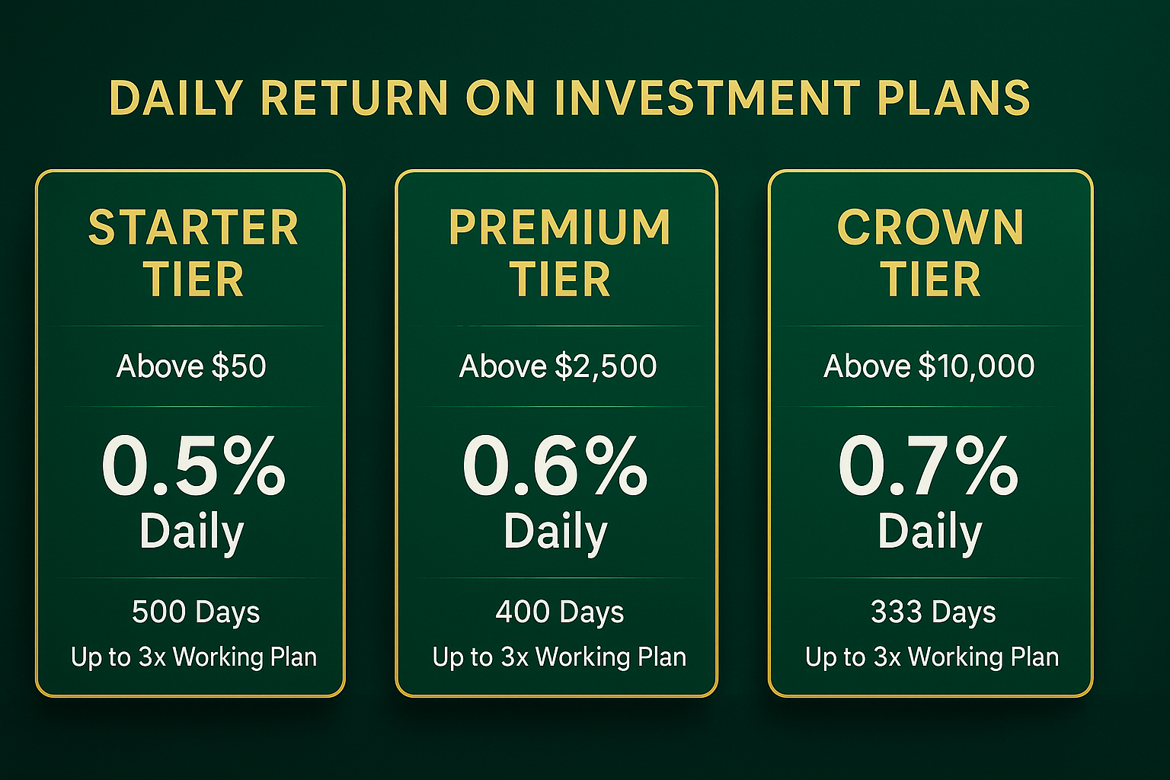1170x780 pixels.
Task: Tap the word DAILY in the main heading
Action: tap(176, 98)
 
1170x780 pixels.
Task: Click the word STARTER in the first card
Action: tap(193, 228)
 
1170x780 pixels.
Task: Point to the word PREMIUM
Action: tap(559, 228)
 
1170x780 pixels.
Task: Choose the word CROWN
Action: tap(930, 228)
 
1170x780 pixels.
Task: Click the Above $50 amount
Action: tap(191, 366)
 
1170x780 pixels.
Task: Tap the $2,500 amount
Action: tap(606, 366)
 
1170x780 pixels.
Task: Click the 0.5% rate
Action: tap(193, 465)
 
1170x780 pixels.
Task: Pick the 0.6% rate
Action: tap(555, 465)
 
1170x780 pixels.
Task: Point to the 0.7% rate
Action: tap(928, 465)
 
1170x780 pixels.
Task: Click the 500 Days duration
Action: tap(196, 612)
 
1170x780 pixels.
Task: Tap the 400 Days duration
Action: tap(560, 612)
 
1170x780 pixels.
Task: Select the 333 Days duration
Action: tap(933, 612)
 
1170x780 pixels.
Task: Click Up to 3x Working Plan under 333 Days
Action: tap(932, 657)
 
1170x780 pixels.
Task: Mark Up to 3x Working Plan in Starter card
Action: tap(193, 657)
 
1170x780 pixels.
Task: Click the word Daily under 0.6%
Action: tap(555, 532)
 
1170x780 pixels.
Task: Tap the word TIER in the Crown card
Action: tap(930, 280)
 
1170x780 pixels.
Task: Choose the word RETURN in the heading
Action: tap(354, 98)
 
